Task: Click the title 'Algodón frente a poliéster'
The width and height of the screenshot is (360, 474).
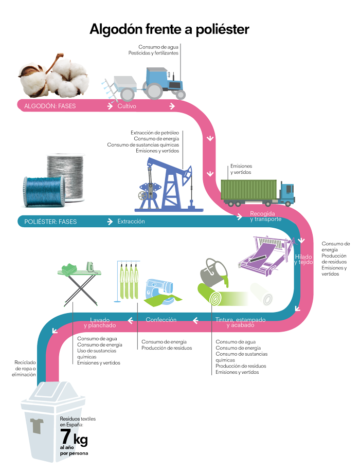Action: [169, 29]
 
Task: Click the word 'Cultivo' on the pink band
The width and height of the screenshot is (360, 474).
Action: [127, 106]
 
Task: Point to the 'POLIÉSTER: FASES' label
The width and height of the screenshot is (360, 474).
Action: [50, 222]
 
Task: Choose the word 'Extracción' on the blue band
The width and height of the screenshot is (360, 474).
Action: [131, 222]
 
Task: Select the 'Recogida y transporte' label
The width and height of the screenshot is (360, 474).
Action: [265, 216]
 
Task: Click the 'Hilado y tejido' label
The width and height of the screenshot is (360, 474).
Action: [303, 259]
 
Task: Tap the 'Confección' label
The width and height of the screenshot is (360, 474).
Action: [161, 320]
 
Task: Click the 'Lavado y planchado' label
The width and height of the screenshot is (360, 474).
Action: [100, 322]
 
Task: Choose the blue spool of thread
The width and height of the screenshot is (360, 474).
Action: [43, 190]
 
